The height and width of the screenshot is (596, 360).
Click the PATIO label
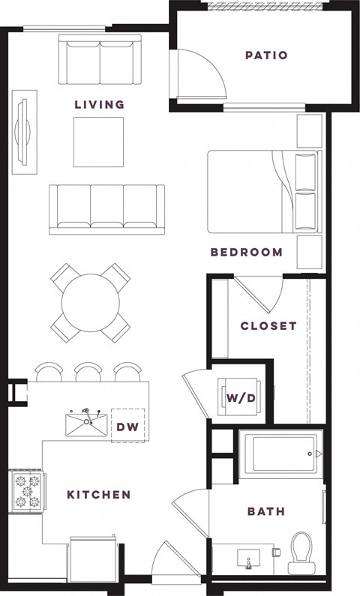266,55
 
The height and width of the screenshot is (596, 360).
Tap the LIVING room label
99,104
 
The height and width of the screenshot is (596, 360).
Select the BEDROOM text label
246,252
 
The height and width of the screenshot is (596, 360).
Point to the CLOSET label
268,326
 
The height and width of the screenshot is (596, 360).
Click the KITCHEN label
99,495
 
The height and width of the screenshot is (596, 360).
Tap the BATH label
266,512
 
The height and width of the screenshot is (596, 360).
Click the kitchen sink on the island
87,426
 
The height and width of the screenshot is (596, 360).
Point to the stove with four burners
27,494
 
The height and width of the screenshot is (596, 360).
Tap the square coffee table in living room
98,142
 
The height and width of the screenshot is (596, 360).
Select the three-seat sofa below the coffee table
106,208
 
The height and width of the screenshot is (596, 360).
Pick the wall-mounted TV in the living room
26,129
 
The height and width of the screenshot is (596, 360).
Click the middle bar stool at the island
88,371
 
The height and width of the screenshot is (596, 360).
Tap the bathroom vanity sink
248,559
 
